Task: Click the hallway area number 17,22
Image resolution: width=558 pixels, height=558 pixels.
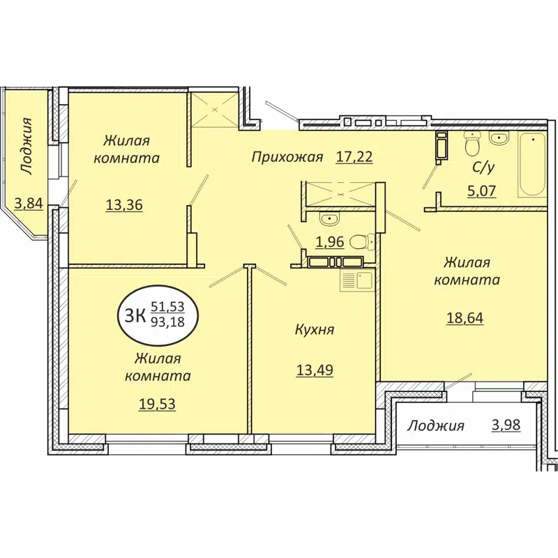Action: tap(354, 157)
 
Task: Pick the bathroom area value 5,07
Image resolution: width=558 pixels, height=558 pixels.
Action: tap(482, 190)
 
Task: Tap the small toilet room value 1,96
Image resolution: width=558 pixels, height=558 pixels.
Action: tap(331, 243)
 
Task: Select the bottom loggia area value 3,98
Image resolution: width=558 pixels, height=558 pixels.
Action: tap(505, 425)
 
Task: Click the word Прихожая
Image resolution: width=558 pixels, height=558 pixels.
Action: tap(287, 157)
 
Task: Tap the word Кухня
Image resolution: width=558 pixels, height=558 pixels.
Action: tap(314, 329)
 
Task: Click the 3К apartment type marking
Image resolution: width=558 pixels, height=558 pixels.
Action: tap(134, 315)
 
